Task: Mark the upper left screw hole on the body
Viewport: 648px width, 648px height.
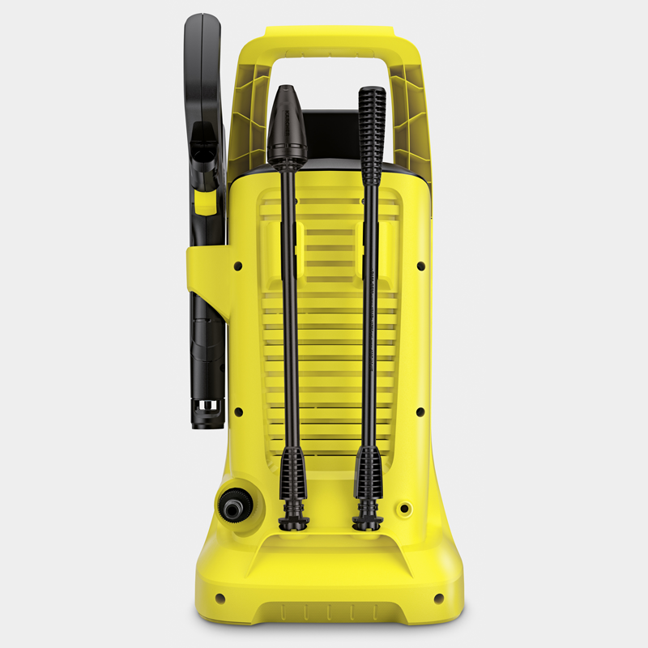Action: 237,265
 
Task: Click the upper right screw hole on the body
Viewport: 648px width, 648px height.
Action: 420,265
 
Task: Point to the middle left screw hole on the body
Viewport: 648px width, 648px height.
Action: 237,412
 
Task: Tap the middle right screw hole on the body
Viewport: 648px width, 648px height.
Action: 420,412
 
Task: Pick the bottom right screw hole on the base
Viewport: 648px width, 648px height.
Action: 438,598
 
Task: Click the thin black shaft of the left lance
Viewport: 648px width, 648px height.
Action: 288,308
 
